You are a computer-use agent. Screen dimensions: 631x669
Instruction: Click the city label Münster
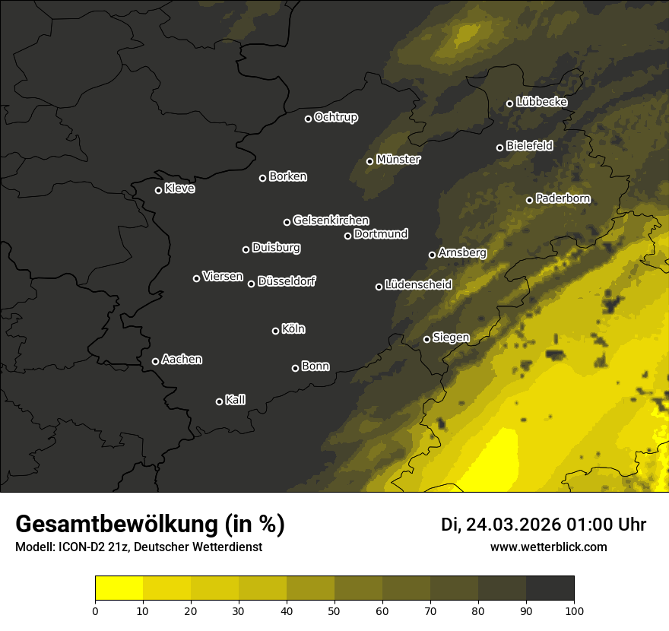pos(398,160)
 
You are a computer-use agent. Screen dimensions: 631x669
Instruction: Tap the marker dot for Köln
pos(275,331)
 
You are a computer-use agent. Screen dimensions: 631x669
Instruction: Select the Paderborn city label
pos(563,198)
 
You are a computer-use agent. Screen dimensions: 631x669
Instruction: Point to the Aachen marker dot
pos(155,361)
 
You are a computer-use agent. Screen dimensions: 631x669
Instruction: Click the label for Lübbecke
pos(542,102)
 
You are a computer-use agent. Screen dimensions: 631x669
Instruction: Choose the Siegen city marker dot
pos(426,339)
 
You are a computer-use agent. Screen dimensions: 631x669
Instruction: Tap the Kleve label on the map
pos(179,189)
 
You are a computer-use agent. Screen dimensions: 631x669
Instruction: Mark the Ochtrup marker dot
pos(308,119)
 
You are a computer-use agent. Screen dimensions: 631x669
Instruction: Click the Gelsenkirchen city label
pos(331,220)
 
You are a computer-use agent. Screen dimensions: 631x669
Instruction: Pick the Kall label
pos(236,400)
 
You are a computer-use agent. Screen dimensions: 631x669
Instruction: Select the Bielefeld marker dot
pos(499,147)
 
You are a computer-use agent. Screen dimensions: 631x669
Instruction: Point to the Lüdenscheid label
pos(419,285)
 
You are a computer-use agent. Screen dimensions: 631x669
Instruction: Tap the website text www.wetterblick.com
pos(549,547)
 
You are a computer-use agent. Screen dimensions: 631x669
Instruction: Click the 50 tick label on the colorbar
pos(334,610)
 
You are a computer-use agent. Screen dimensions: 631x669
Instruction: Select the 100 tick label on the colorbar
pos(574,610)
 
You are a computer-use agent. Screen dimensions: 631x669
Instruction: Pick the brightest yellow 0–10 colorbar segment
pos(119,588)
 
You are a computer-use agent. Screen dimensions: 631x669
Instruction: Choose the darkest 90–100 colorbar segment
pos(550,588)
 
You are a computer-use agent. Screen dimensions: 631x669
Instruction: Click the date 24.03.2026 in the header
pos(513,525)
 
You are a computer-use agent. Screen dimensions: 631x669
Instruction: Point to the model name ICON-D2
pos(80,547)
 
